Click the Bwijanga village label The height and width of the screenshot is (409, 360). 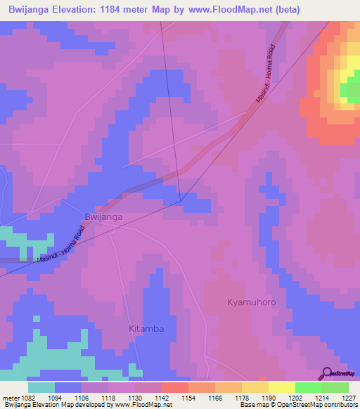tap(103, 218)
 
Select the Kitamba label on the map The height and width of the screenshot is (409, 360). tap(146, 328)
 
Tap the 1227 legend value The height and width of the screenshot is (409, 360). tap(349, 397)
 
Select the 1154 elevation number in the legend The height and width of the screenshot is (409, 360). tap(188, 397)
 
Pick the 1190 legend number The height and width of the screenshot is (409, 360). tap(269, 397)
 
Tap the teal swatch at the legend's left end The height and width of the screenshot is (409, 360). tap(41, 387)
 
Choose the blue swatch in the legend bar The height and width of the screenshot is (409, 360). tap(68, 387)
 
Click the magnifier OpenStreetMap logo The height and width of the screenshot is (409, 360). tap(326, 375)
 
